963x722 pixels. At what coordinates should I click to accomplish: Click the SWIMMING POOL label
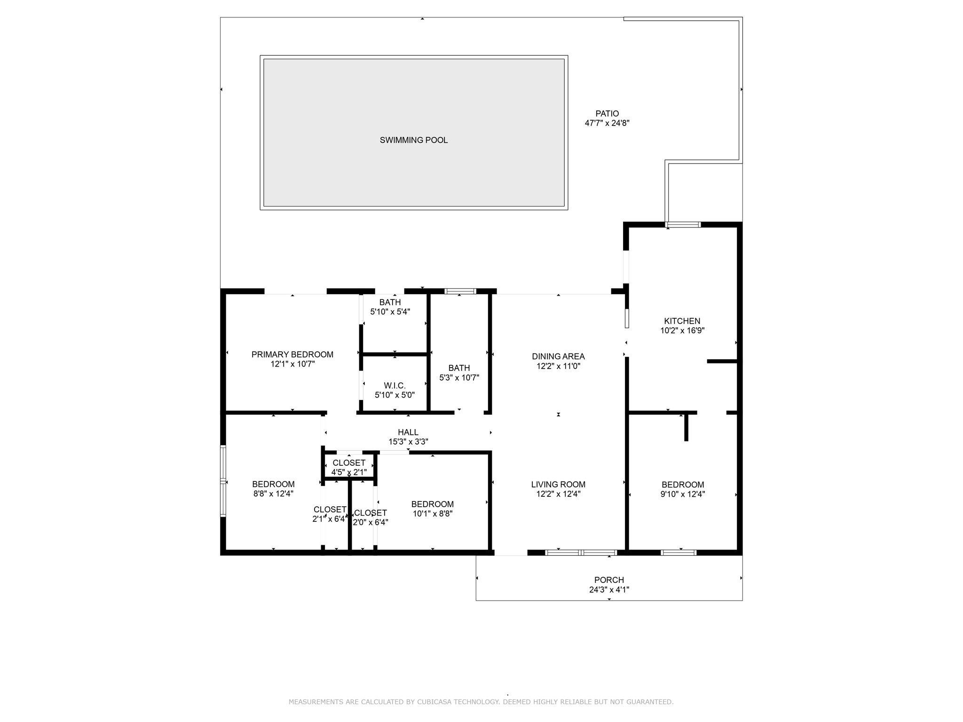pyautogui.click(x=414, y=140)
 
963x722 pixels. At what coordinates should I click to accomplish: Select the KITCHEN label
pyautogui.click(x=682, y=321)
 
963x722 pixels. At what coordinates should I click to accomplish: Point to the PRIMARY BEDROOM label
pyautogui.click(x=292, y=354)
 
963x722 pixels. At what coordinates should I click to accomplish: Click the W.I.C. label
pyautogui.click(x=395, y=385)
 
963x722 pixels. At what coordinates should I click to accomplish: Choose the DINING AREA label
pyautogui.click(x=558, y=356)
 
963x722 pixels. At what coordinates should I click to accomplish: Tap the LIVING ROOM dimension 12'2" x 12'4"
pyautogui.click(x=558, y=494)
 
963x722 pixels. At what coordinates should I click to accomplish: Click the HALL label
pyautogui.click(x=408, y=432)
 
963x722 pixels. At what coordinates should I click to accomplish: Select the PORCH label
pyautogui.click(x=609, y=580)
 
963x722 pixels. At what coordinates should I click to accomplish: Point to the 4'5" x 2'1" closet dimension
pyautogui.click(x=349, y=472)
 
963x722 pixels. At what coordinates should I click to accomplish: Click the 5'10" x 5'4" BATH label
pyautogui.click(x=390, y=302)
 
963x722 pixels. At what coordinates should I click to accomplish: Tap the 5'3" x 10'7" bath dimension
pyautogui.click(x=459, y=377)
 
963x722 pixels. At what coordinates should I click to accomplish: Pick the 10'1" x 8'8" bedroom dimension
pyautogui.click(x=433, y=514)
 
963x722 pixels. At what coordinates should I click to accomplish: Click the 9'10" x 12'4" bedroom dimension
pyautogui.click(x=683, y=494)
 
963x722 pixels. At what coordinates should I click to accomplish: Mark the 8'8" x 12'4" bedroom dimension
pyautogui.click(x=273, y=494)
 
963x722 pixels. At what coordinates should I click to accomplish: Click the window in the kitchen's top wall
pyautogui.click(x=683, y=225)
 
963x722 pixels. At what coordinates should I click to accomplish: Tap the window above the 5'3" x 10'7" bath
pyautogui.click(x=460, y=291)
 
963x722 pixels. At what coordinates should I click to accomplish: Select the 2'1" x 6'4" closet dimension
pyautogui.click(x=330, y=519)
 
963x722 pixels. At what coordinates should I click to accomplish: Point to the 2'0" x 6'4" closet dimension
pyautogui.click(x=371, y=522)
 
